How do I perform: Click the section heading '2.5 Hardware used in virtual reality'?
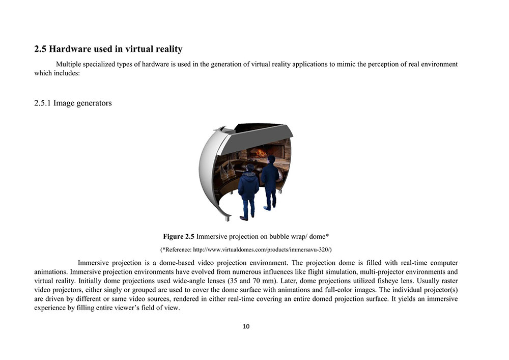point(108,49)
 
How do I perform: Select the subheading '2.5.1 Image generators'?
point(73,103)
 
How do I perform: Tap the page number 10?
point(246,326)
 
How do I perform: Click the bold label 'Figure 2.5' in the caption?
point(179,236)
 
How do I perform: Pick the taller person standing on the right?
point(269,181)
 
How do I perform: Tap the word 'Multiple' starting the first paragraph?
point(69,64)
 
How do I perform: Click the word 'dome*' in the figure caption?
point(320,236)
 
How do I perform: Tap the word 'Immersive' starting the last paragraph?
point(95,263)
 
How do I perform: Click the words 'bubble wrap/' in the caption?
point(283,236)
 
